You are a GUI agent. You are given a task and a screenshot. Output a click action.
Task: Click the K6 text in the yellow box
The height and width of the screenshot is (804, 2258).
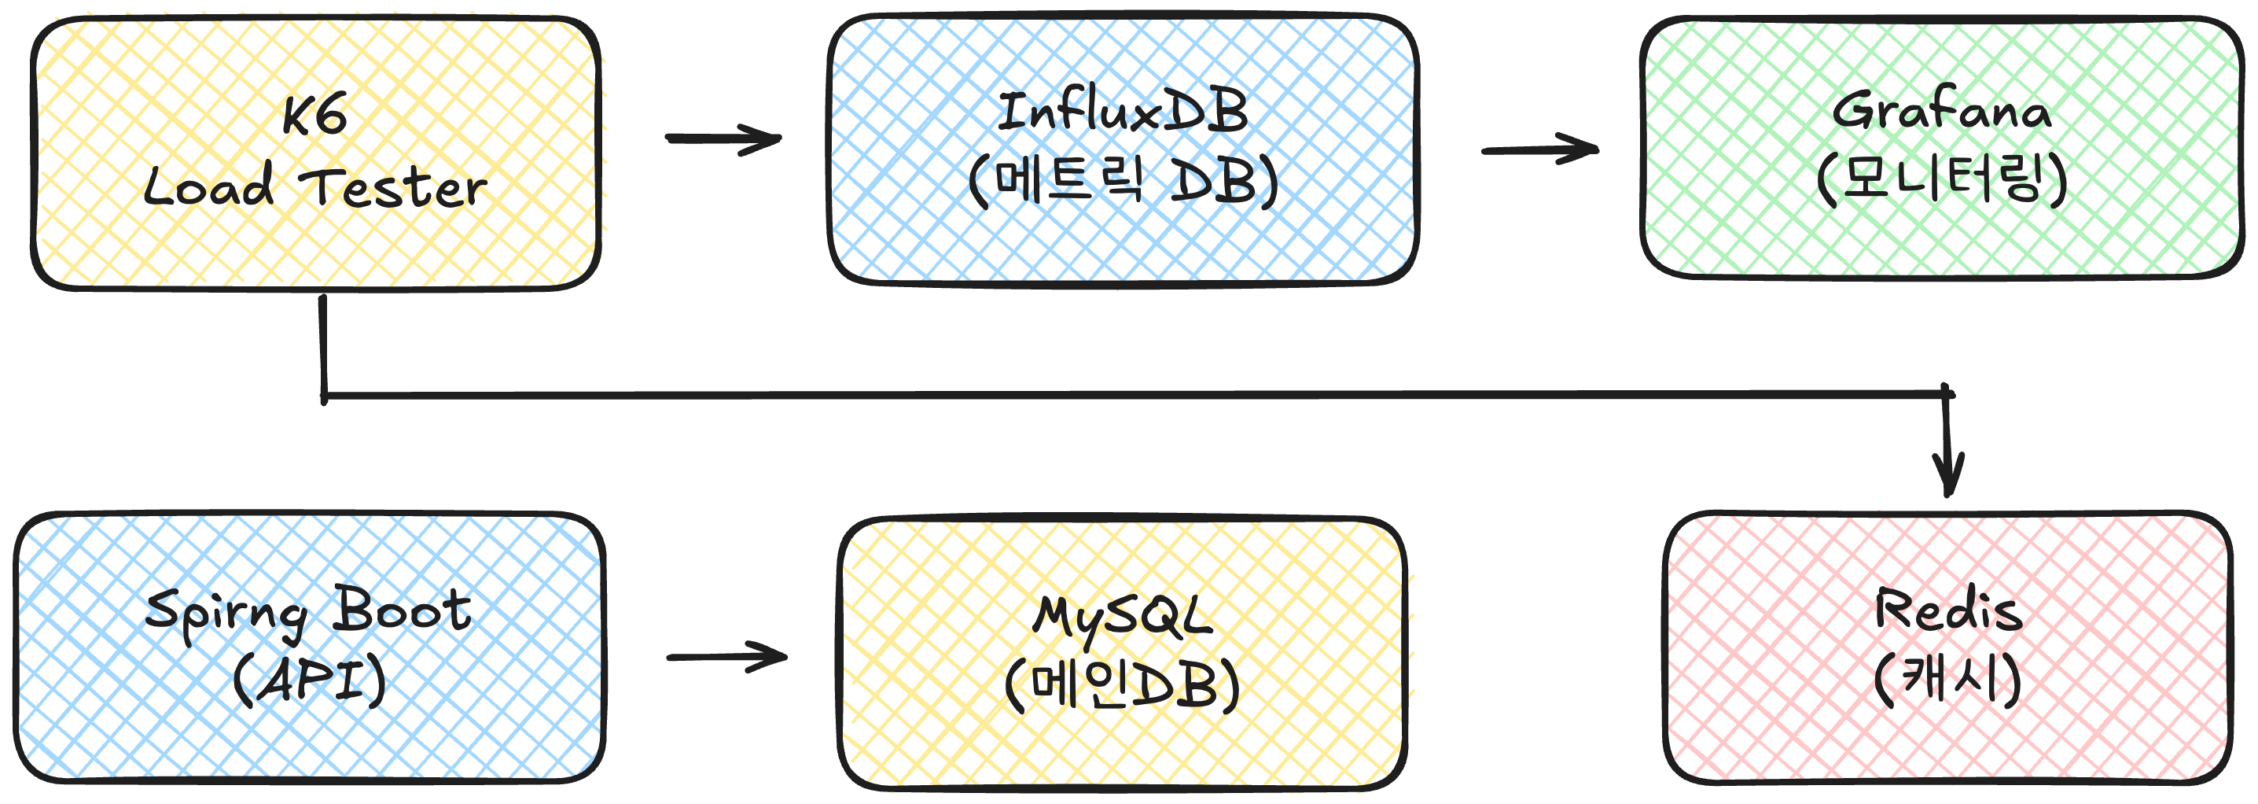(314, 115)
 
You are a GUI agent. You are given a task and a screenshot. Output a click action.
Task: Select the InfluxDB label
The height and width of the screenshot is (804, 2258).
(1122, 112)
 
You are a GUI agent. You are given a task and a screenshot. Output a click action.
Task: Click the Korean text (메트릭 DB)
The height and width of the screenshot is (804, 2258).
(1123, 182)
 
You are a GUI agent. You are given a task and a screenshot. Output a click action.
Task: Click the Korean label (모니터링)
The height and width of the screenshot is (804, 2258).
(1942, 179)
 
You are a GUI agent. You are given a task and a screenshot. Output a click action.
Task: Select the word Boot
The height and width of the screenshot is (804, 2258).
(403, 608)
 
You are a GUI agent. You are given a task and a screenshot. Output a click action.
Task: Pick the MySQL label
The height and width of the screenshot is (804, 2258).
(1122, 616)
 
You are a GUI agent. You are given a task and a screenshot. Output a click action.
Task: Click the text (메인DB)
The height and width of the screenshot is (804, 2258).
(1122, 684)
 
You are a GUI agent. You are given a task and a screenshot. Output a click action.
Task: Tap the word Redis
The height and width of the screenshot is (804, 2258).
(1947, 610)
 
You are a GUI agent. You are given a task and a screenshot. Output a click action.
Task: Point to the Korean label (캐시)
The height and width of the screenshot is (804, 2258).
(1947, 679)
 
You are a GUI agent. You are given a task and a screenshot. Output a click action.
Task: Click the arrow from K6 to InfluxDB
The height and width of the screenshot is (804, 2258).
(723, 138)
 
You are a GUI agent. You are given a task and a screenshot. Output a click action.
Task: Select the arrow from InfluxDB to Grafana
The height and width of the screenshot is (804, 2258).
(1539, 150)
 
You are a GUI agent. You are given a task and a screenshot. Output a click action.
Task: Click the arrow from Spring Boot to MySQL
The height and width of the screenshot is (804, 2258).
(726, 657)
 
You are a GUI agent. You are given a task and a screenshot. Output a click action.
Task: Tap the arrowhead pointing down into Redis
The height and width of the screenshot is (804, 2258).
(1947, 478)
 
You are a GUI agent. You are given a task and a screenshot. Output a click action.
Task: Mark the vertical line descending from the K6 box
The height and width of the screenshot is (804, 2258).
(323, 346)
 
